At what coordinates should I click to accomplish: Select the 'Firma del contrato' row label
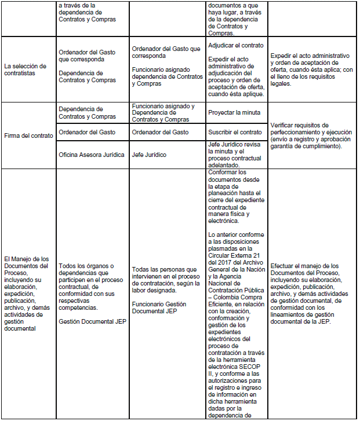[x=28, y=136]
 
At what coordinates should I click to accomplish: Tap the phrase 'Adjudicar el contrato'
[x=235, y=45]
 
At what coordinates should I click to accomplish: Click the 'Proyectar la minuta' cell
[x=234, y=112]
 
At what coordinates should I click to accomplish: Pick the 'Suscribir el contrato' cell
[x=234, y=132]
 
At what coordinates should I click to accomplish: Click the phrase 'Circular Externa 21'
[x=236, y=255]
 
